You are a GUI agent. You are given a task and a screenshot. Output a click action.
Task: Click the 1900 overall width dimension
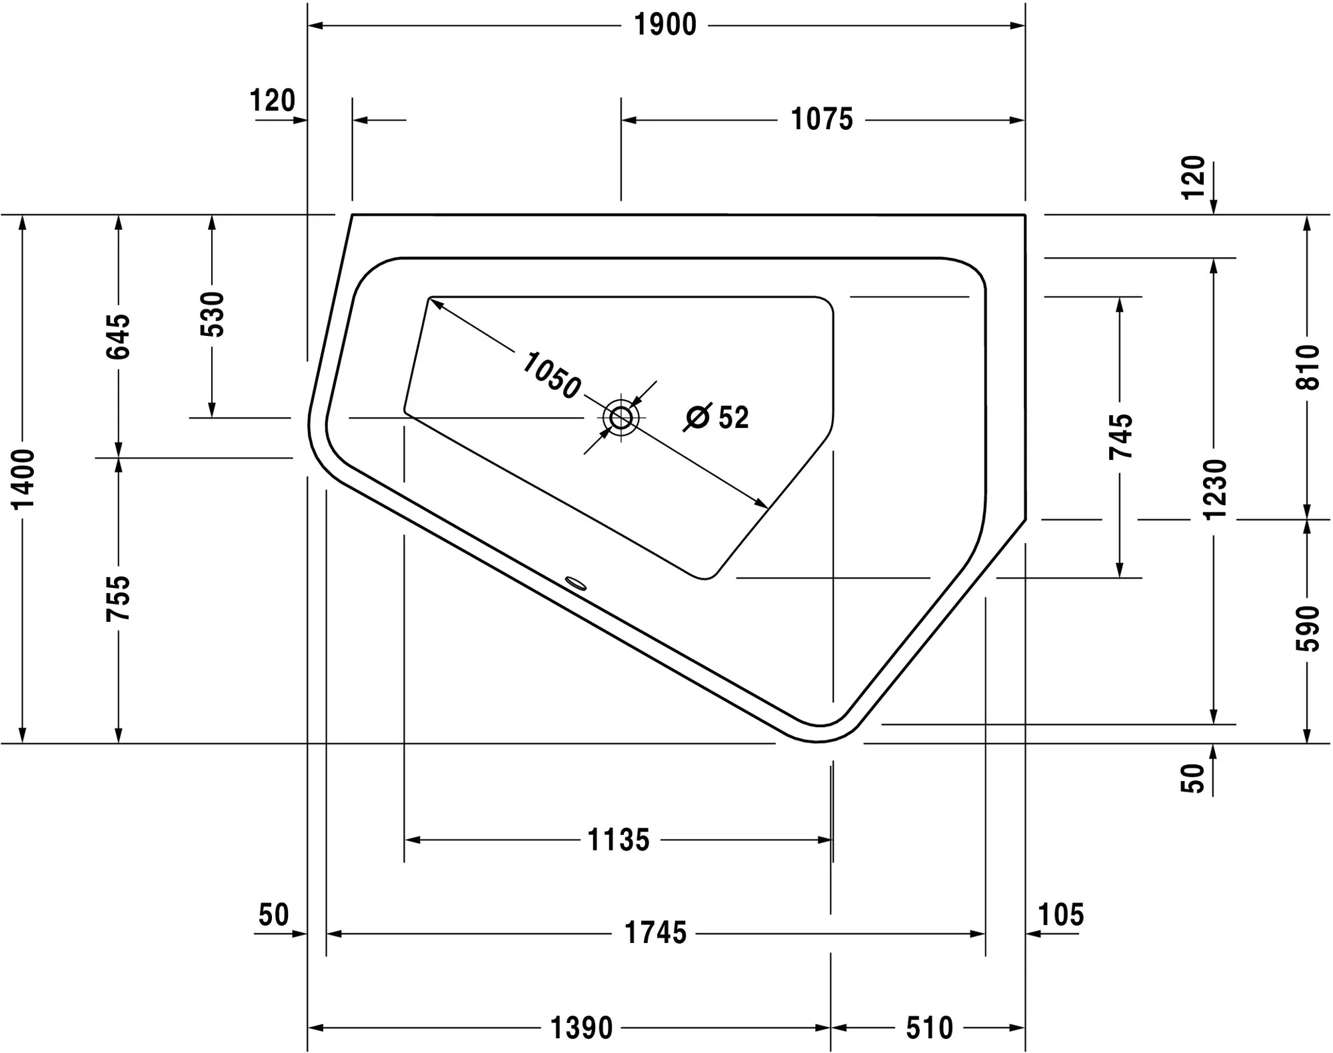click(665, 25)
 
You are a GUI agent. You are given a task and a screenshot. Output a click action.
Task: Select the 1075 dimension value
click(822, 120)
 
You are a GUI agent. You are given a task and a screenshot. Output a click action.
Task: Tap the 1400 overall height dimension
click(24, 479)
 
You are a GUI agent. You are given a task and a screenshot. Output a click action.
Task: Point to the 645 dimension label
click(119, 337)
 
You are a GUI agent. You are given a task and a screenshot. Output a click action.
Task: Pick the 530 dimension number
click(213, 314)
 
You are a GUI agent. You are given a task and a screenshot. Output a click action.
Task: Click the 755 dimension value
click(119, 598)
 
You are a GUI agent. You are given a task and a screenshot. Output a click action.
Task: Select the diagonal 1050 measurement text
click(551, 377)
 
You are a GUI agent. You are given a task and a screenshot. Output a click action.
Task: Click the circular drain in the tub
click(621, 418)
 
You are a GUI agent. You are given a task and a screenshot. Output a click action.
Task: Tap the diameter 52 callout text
click(717, 417)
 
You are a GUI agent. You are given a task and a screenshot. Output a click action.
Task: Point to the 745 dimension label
click(1120, 437)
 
